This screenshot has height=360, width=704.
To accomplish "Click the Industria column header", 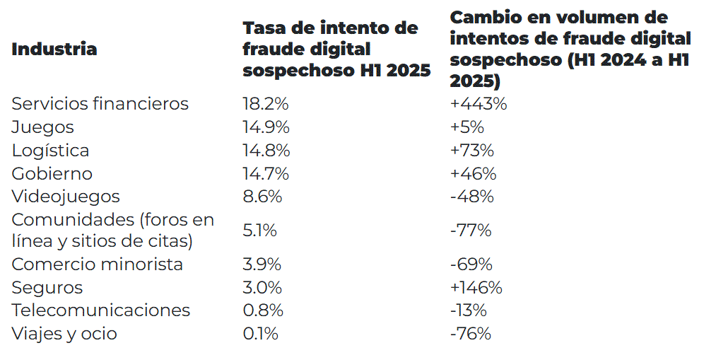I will pyautogui.click(x=54, y=49).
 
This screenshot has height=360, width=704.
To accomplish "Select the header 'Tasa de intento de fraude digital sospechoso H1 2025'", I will pyautogui.click(x=336, y=49).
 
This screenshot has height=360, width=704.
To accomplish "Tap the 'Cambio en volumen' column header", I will pyautogui.click(x=570, y=49).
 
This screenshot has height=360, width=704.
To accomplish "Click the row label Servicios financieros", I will pyautogui.click(x=100, y=104).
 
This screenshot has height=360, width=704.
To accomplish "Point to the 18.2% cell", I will pyautogui.click(x=266, y=104).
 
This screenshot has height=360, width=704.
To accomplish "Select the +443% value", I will pyautogui.click(x=479, y=104).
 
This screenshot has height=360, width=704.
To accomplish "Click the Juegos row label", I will pyautogui.click(x=42, y=127).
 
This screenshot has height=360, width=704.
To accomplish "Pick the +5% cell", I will pyautogui.click(x=467, y=127).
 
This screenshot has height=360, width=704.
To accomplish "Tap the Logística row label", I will pyautogui.click(x=50, y=151).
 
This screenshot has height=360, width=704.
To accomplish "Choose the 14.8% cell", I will pyautogui.click(x=266, y=151).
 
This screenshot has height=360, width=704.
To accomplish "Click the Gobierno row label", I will pyautogui.click(x=52, y=173).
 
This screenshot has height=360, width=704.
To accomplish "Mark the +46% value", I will pyautogui.click(x=473, y=173).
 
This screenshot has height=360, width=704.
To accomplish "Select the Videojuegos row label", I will pyautogui.click(x=66, y=197).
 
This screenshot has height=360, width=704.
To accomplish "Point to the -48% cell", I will pyautogui.click(x=471, y=197).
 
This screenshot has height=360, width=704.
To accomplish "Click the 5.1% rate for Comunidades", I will pyautogui.click(x=259, y=231).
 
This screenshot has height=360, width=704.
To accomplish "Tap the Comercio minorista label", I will pyautogui.click(x=97, y=265).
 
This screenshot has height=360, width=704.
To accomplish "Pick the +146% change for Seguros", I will pyautogui.click(x=476, y=288).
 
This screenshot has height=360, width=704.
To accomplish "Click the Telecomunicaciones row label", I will pyautogui.click(x=100, y=310).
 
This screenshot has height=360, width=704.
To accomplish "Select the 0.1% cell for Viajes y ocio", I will pyautogui.click(x=260, y=334).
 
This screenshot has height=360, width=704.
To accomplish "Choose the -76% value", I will pyautogui.click(x=470, y=334).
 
